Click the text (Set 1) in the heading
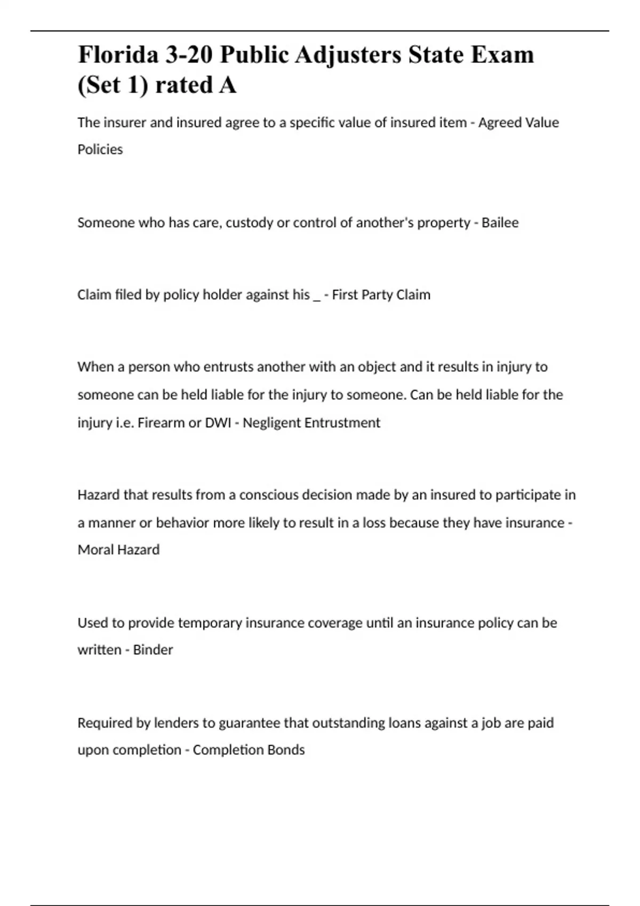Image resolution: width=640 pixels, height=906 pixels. point(112,85)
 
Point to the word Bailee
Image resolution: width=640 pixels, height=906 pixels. point(500,222)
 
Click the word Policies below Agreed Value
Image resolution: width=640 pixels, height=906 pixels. point(100,149)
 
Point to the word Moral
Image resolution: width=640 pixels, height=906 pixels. point(95,549)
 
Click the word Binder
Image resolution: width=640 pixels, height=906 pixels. point(153,650)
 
